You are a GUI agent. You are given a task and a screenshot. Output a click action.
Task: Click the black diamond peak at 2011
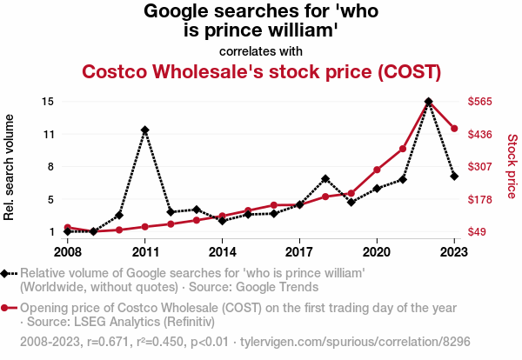(145, 130)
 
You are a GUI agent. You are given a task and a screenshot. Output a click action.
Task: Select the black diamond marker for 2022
(428, 102)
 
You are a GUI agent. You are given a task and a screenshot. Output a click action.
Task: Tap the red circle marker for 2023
(454, 129)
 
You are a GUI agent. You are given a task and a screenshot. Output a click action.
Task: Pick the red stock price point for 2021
(403, 150)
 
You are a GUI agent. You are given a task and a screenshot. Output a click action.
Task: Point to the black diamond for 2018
(325, 179)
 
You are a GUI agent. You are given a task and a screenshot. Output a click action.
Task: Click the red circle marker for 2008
(68, 228)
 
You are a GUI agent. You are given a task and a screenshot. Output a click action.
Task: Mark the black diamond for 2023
(454, 177)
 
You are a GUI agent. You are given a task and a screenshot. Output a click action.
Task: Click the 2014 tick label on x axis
(223, 251)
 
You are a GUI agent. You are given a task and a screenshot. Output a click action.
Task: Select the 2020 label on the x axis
(377, 251)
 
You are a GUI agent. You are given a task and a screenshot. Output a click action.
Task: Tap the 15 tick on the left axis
(49, 102)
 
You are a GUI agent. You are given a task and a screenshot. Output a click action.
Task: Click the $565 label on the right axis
(480, 102)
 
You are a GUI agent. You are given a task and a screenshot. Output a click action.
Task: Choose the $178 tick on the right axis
(480, 199)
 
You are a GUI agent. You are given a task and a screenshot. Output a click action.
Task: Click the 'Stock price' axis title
(512, 165)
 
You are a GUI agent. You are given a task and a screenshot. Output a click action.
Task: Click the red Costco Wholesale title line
(261, 70)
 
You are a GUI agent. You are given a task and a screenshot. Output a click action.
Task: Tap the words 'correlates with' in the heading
(261, 50)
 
